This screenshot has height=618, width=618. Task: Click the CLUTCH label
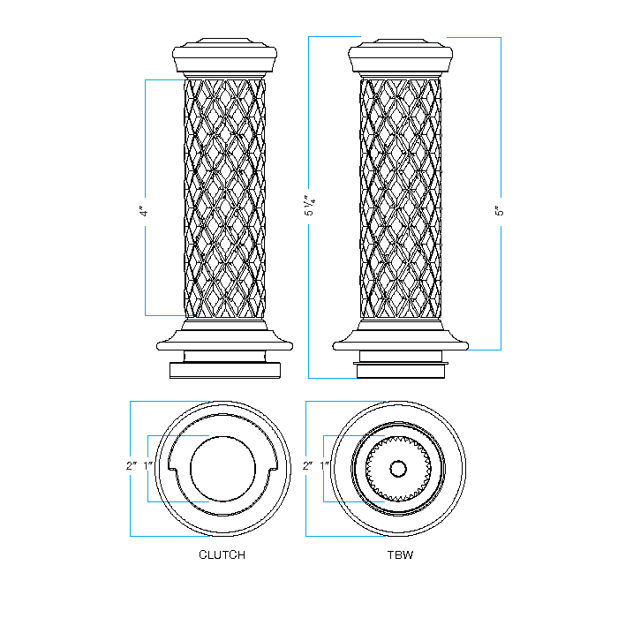[x=222, y=555]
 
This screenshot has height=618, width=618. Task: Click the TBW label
[x=399, y=555]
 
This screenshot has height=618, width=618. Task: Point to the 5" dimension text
[x=498, y=212]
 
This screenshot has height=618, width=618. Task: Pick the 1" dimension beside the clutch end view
[x=148, y=465]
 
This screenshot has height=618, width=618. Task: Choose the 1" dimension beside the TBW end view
[x=324, y=465]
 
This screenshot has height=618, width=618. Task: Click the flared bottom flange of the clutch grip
[x=224, y=340]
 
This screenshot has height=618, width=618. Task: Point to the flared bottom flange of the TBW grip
[x=401, y=340]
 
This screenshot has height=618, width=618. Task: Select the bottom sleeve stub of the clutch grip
[x=224, y=368]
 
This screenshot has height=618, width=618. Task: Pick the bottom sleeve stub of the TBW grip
[x=401, y=368]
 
